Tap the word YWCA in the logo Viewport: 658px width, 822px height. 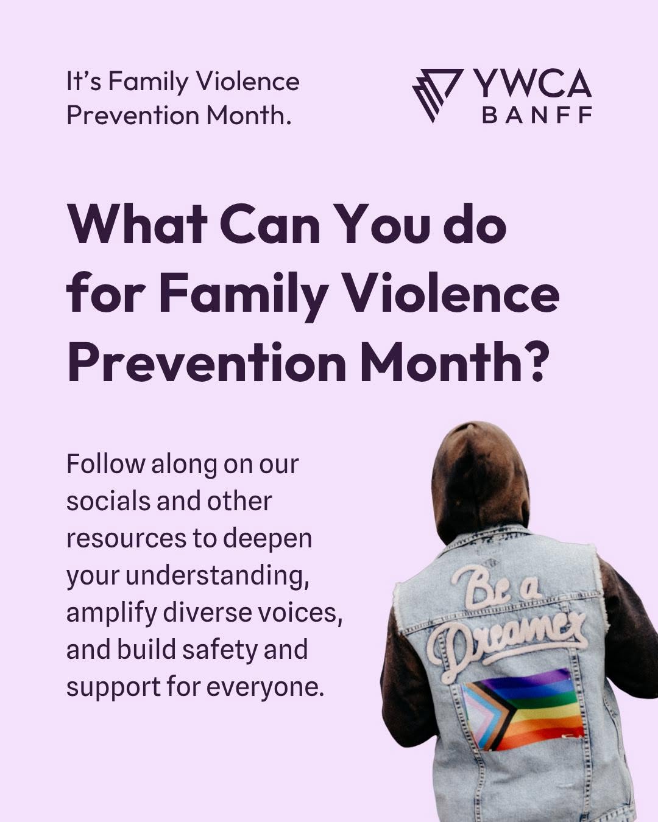532,83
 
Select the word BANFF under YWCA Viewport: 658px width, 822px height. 537,115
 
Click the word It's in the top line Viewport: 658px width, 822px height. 84,82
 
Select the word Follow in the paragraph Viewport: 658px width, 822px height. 106,464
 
